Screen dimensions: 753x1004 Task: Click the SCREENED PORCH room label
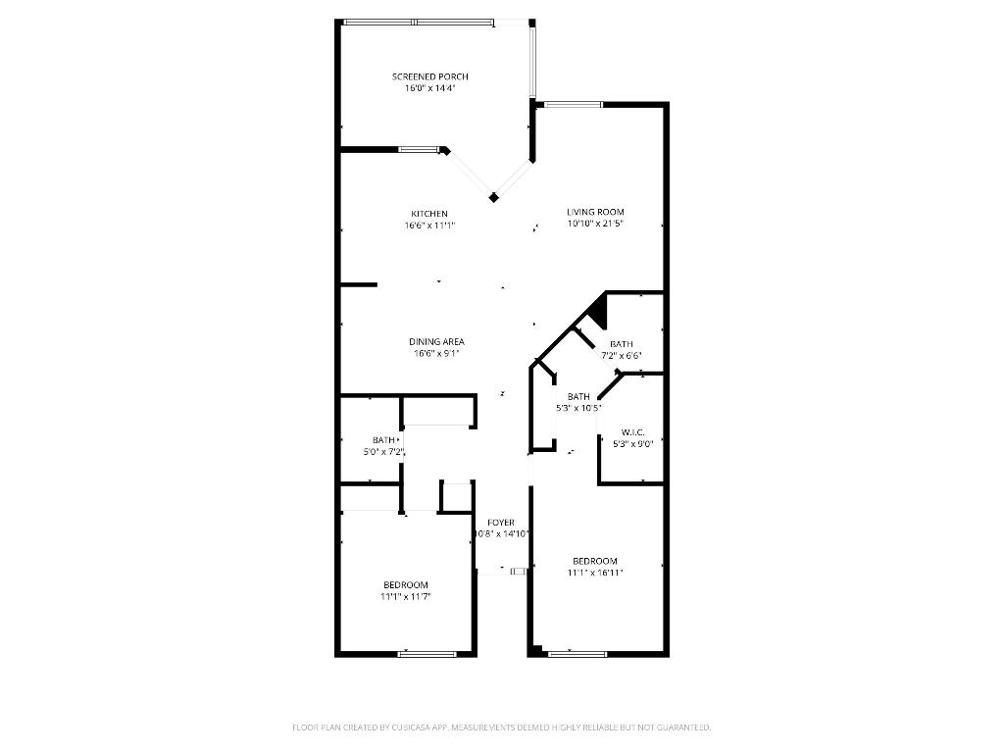429,76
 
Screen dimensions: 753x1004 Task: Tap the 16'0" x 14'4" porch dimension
429,88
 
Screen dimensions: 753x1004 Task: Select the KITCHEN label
429,214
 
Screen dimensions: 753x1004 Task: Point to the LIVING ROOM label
595,212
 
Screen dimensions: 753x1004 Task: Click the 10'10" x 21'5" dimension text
595,224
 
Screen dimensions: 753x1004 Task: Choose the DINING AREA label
436,342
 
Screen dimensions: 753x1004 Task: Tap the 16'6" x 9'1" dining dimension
436,354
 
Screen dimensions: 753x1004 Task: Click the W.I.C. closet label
632,432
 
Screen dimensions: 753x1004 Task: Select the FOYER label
501,523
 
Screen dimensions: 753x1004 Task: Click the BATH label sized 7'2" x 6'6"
622,344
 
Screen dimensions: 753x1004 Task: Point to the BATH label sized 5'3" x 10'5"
578,396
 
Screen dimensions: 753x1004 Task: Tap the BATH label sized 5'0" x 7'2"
383,440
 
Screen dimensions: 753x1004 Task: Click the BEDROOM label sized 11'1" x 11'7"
405,584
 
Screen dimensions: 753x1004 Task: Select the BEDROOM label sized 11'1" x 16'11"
595,561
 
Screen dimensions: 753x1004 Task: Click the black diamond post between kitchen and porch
494,197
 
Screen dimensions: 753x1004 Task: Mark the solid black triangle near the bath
599,312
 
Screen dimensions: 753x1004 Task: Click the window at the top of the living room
574,104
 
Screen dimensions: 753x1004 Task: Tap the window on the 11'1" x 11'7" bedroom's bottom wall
427,653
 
